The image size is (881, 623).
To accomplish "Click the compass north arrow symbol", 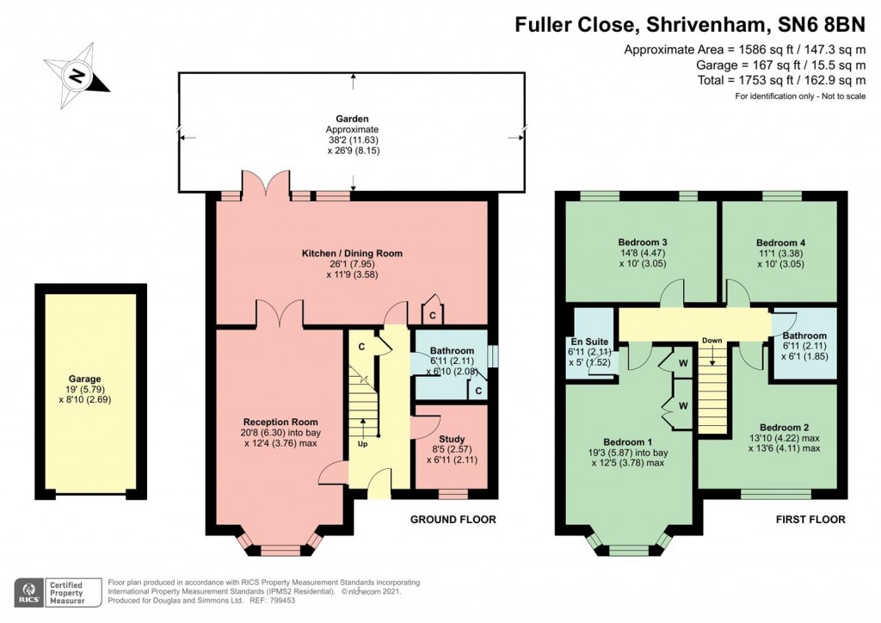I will pos(77,76).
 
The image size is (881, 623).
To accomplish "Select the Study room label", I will pos(451,439).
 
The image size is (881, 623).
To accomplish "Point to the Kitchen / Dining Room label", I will pos(352,253).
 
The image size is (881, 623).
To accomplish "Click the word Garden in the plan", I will pos(353,119).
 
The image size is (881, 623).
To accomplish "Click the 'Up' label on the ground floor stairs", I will pos(362,445).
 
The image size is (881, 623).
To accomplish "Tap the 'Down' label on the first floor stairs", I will pos(712,341).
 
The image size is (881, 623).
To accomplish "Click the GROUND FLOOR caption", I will pos(453,520).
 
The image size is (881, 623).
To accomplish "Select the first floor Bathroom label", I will pos(804,336).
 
